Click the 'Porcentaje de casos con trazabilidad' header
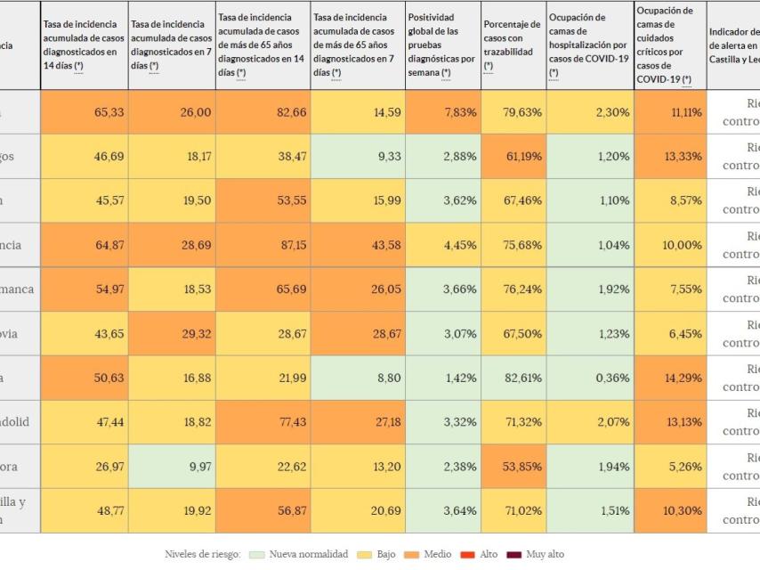pos(512,45)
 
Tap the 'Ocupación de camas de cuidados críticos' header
pos(669,45)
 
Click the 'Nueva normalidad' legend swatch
pos(256,555)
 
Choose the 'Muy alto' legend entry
pos(540,555)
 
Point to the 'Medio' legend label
pos(437,555)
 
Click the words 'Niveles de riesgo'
pos(202,555)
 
